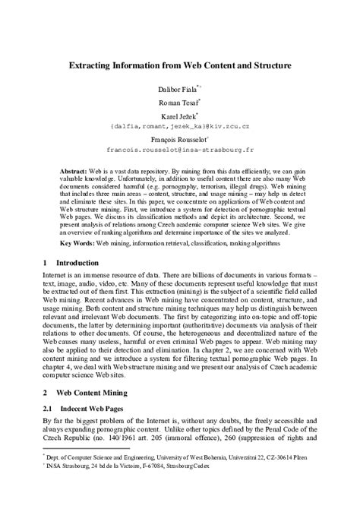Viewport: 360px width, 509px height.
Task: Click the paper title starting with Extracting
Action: click(179, 67)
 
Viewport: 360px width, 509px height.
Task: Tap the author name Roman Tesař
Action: click(178, 103)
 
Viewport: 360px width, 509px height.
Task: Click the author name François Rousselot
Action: click(178, 140)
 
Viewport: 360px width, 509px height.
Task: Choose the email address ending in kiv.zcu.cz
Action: click(179, 125)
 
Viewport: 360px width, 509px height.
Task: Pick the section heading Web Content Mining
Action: click(95, 393)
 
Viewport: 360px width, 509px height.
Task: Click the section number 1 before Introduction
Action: click(45, 262)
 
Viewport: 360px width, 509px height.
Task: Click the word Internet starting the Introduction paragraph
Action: click(57, 273)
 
